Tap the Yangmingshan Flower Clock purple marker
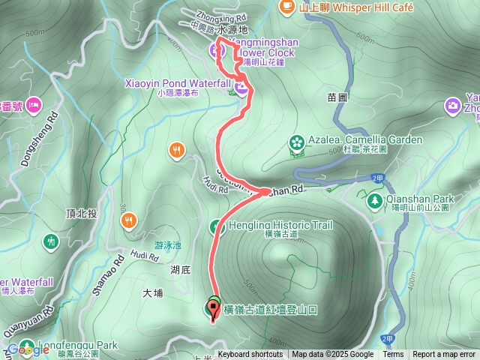coord(215,50)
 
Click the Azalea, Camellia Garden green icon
coord(297,141)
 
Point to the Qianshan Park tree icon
coord(374,200)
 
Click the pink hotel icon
coord(34,106)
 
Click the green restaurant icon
coord(51,241)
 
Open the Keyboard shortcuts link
coord(251,355)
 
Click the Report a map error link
coord(445,355)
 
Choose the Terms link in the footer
coord(394,355)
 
